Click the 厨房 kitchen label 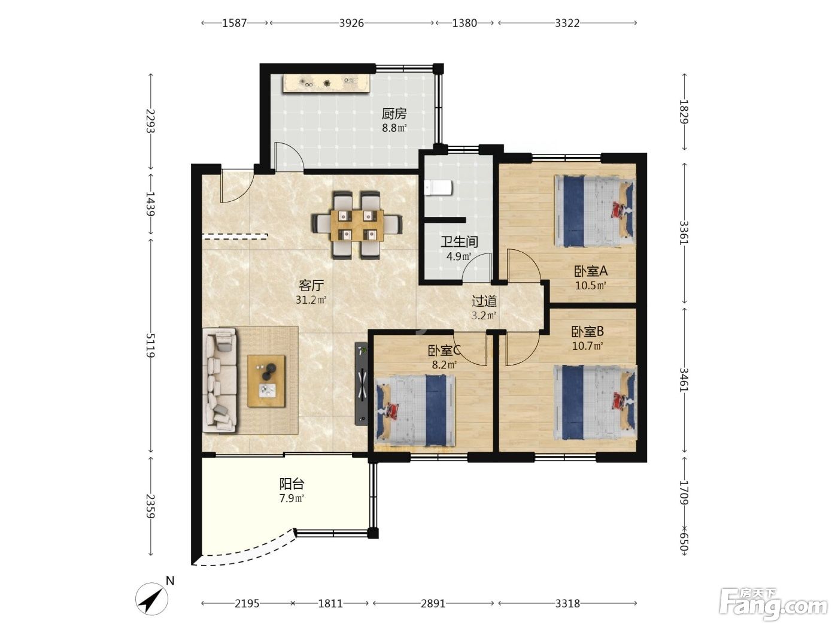coord(394,114)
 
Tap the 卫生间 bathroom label coord(459,242)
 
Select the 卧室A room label coord(591,271)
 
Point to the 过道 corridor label coord(484,301)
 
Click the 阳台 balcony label coord(292,484)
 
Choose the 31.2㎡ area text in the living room coord(311,300)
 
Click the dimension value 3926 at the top coord(351,23)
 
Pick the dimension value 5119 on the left coord(150,345)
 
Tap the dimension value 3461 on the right coord(684,380)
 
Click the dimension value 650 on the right coord(684,544)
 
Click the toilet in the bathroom coord(438,188)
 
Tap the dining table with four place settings coord(357,225)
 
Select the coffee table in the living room coord(266,381)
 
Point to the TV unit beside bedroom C coord(362,383)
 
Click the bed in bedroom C coord(415,410)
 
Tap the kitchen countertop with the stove coord(326,84)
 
